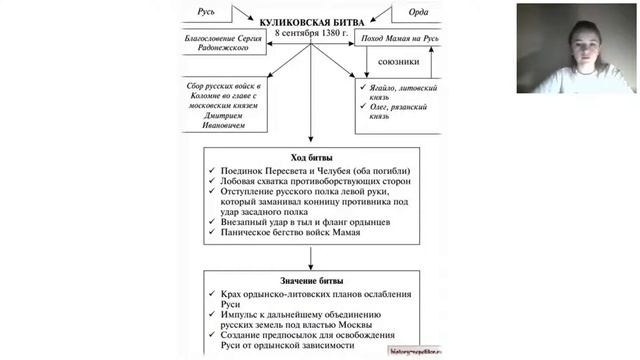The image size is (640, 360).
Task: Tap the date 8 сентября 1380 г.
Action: (x=310, y=33)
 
